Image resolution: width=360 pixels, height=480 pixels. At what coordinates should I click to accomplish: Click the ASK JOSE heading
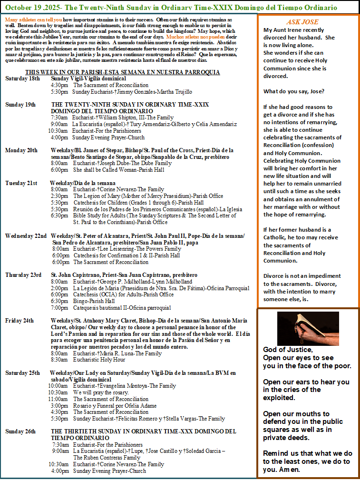point(302,22)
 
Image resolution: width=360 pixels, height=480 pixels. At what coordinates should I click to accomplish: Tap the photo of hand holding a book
point(308,328)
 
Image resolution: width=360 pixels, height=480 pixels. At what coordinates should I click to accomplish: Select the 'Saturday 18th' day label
point(22,78)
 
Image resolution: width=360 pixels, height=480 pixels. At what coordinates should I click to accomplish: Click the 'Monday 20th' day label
point(21,150)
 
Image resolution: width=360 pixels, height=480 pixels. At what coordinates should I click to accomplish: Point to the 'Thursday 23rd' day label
point(23,275)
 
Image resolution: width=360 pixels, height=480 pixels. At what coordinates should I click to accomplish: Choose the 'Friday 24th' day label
point(19,321)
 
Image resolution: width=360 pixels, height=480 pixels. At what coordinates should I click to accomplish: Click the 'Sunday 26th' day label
point(20,431)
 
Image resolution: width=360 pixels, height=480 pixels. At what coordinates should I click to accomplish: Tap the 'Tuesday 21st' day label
point(21,183)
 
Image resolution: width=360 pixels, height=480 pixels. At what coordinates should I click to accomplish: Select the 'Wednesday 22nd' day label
point(26,235)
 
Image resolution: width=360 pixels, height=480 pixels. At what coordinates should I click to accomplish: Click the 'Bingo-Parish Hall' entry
point(94,301)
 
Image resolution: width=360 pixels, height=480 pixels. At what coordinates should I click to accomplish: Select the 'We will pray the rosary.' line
point(101,392)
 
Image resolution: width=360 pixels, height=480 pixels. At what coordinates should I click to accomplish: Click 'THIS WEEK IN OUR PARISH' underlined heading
point(74,72)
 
